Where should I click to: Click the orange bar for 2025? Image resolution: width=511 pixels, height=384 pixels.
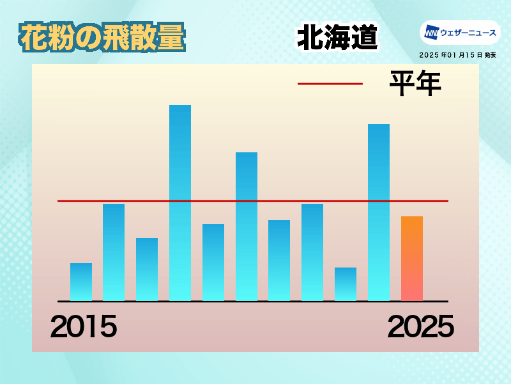pos(412,259)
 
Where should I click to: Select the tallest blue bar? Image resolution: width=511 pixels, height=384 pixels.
pos(180,203)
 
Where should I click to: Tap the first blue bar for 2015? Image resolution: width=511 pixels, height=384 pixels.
pos(81,282)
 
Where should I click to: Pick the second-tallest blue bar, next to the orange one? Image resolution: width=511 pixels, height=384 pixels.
pos(379,212)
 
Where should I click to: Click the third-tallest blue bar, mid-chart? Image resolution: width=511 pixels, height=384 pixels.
pos(247,227)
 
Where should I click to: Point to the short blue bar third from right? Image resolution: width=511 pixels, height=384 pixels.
pos(346,284)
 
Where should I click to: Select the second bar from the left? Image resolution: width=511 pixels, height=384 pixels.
pos(114,252)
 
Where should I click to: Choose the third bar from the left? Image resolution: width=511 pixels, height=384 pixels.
pos(147,269)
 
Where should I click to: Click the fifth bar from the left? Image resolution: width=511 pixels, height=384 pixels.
pos(213,262)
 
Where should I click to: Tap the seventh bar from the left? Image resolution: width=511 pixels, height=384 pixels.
pos(279,260)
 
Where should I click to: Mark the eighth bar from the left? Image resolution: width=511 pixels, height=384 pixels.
pos(312,252)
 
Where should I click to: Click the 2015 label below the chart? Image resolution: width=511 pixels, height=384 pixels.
pos(84,326)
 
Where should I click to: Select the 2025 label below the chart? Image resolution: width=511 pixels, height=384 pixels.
pos(421,326)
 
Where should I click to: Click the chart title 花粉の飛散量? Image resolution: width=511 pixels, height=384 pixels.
pos(102,37)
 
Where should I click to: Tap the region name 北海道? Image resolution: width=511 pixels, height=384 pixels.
pos(337,37)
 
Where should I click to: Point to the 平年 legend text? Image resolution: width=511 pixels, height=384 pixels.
pos(415,83)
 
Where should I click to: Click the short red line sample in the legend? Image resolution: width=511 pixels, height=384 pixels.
pos(330,84)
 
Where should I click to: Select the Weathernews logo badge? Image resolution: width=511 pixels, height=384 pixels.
pos(460,33)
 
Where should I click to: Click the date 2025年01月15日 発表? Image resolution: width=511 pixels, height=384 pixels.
pos(457,55)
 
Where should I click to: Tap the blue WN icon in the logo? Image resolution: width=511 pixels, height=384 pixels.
pos(432,33)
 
